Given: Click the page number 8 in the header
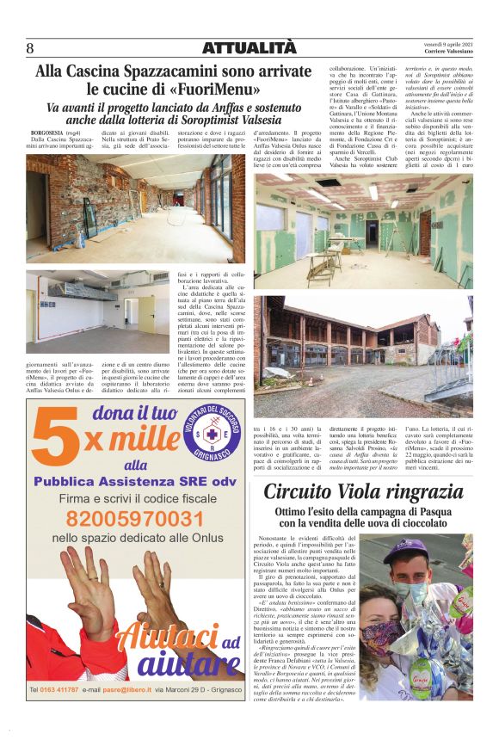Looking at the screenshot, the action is (x=30, y=48).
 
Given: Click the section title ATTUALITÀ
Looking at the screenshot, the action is (x=248, y=48).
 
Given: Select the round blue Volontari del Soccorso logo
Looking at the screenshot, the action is (x=211, y=435).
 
